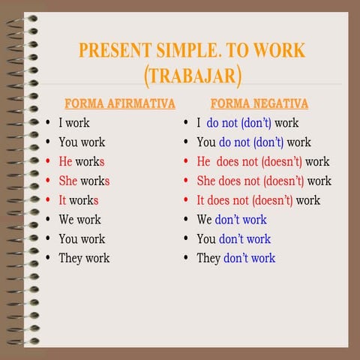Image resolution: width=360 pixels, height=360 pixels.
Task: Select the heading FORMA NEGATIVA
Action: click(259, 103)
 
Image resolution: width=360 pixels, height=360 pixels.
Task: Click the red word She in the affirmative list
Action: click(68, 181)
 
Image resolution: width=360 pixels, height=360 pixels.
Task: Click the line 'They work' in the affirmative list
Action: click(84, 258)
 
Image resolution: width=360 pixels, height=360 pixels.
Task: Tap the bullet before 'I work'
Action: click(48, 122)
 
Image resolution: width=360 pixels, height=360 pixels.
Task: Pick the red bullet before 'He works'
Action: click(48, 161)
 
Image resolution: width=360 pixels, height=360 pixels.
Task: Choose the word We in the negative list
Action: click(204, 220)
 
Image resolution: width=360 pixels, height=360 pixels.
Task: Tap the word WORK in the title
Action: click(278, 51)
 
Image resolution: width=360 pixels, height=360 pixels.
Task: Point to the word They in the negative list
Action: click(208, 258)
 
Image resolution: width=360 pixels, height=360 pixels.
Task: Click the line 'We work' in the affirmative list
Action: click(79, 220)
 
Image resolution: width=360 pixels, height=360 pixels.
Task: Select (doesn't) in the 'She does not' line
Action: click(284, 181)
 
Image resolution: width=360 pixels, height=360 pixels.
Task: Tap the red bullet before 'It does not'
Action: click(186, 200)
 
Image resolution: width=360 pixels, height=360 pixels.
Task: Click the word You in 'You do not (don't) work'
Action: click(206, 142)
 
